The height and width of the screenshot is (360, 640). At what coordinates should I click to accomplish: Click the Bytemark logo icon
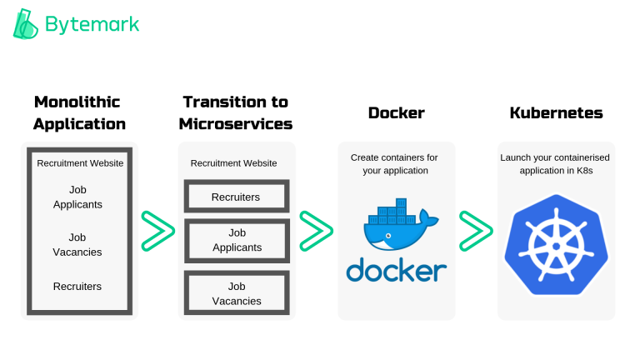pyautogui.click(x=26, y=24)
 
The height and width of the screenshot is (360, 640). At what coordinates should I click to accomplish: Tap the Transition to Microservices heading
pyautogui.click(x=237, y=112)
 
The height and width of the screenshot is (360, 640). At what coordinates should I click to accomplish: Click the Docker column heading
pyautogui.click(x=396, y=112)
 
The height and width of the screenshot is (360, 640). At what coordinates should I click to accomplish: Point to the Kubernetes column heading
pyautogui.click(x=556, y=112)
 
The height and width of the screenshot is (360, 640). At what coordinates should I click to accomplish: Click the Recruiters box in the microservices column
pyautogui.click(x=236, y=197)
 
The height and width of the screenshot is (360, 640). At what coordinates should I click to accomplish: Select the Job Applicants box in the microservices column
pyautogui.click(x=236, y=240)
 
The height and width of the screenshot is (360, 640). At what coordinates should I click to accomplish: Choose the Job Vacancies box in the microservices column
pyautogui.click(x=236, y=293)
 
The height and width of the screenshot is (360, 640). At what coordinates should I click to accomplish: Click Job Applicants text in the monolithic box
pyautogui.click(x=77, y=197)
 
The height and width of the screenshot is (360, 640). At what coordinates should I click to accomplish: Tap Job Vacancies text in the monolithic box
pyautogui.click(x=77, y=244)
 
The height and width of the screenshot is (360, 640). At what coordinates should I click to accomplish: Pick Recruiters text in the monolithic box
pyautogui.click(x=77, y=286)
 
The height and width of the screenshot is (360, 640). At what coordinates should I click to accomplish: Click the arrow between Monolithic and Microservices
pyautogui.click(x=157, y=231)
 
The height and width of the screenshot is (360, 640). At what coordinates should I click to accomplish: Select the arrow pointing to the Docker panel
pyautogui.click(x=316, y=231)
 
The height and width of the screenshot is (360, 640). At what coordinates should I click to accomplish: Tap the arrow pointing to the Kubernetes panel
pyautogui.click(x=476, y=231)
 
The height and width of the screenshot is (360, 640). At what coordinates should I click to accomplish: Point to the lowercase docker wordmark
pyautogui.click(x=396, y=270)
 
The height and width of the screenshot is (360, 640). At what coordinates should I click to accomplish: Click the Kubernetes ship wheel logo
pyautogui.click(x=556, y=242)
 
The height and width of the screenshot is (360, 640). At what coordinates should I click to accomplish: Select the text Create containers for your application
pyautogui.click(x=394, y=163)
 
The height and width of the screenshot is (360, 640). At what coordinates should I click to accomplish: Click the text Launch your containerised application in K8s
pyautogui.click(x=556, y=163)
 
